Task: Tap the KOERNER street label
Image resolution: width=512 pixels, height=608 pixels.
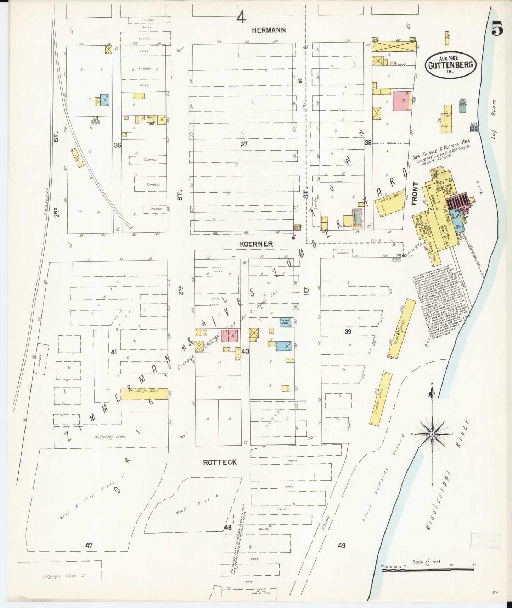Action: click(x=256, y=244)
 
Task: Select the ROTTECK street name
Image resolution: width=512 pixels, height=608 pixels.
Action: click(x=220, y=463)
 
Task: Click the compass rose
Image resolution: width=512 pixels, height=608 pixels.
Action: click(x=432, y=435)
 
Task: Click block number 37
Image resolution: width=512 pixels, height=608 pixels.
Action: click(x=244, y=144)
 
